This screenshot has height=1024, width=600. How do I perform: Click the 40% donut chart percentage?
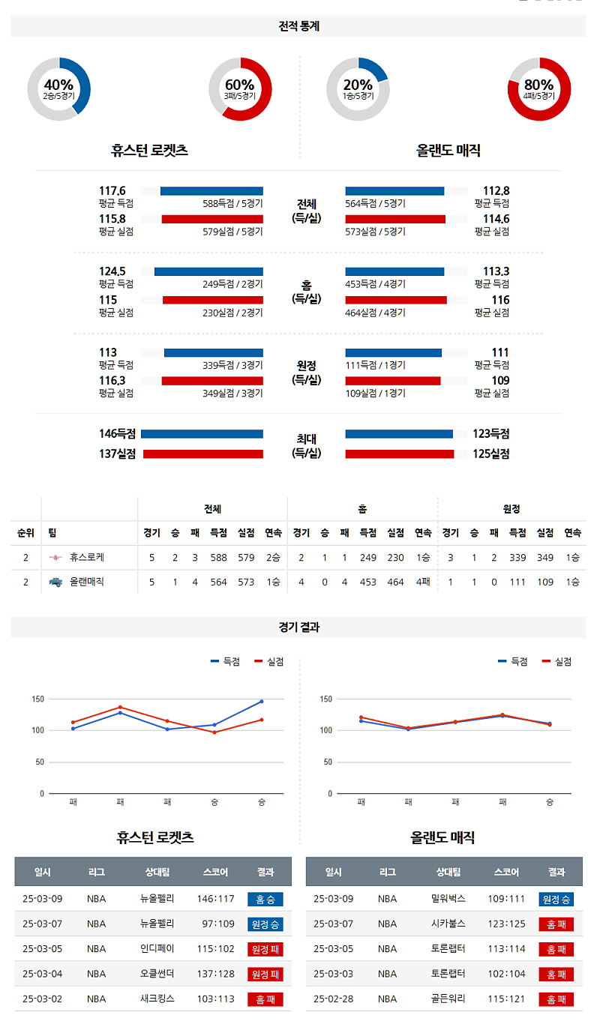(x=58, y=85)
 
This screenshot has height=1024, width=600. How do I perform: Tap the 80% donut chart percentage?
(x=538, y=85)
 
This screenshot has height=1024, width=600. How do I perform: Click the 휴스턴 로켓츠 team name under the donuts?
(x=149, y=151)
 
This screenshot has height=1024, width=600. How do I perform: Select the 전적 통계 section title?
(x=298, y=26)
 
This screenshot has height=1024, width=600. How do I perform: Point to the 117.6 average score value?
(x=112, y=191)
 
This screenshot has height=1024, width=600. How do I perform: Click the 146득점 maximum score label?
(x=118, y=434)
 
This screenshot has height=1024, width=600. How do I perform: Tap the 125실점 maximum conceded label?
(x=490, y=454)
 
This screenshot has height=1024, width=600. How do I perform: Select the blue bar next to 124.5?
(x=208, y=271)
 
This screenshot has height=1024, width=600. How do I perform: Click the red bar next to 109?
(x=392, y=381)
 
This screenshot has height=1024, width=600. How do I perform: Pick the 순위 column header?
(x=25, y=533)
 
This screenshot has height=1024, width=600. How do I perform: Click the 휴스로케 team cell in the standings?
(x=86, y=558)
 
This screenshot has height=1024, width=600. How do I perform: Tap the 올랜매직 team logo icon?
(x=55, y=582)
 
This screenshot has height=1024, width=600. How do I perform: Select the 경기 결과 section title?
(x=298, y=627)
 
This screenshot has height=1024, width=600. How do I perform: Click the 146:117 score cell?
(x=216, y=899)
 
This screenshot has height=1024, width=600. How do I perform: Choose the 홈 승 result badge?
(x=265, y=899)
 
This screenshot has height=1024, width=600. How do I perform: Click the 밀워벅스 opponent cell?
(x=448, y=899)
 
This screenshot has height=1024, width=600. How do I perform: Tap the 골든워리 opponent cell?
(x=448, y=999)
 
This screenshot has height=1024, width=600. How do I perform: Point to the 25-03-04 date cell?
(x=43, y=974)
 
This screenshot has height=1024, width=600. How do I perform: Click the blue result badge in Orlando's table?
(x=556, y=899)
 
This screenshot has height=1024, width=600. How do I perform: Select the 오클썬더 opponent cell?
(x=157, y=974)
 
